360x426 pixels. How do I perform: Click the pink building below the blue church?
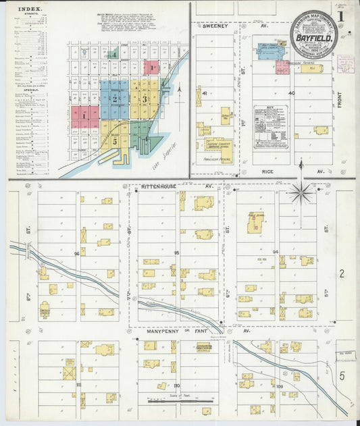tap(282, 68)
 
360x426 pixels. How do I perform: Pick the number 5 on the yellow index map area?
tap(116, 142)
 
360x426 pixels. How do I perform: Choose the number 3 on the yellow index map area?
tap(144, 99)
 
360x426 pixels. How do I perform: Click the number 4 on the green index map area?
tap(115, 54)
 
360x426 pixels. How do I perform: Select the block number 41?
tap(203, 92)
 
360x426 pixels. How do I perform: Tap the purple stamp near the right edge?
tap(345, 63)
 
